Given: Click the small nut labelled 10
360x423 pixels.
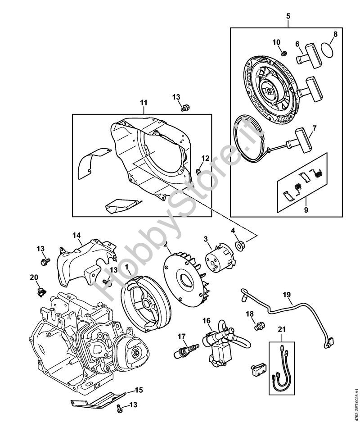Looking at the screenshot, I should (x=283, y=53).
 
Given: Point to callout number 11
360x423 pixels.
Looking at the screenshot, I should (x=144, y=103).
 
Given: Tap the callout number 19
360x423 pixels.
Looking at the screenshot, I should (x=287, y=295).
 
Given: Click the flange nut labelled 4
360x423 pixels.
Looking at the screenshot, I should (x=240, y=246).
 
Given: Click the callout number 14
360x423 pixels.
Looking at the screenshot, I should (x=76, y=235).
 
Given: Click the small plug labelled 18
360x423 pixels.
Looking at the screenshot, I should (x=259, y=326).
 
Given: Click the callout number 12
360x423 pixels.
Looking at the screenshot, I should (x=205, y=158).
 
